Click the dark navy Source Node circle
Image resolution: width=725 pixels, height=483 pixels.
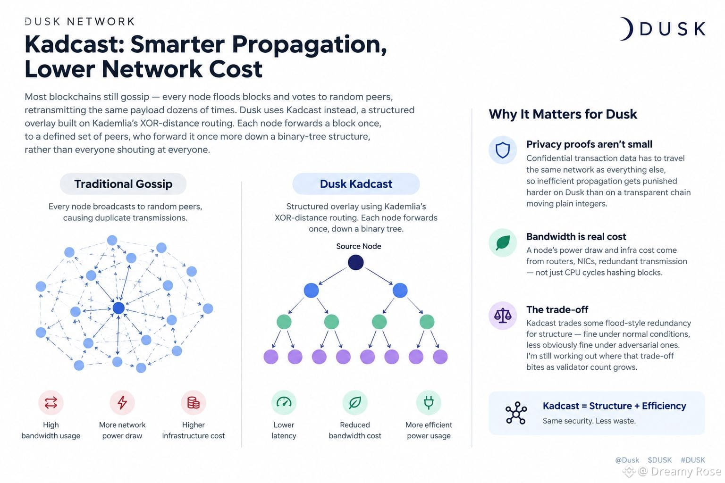tap(355, 262)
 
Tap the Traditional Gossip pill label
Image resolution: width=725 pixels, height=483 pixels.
tap(123, 184)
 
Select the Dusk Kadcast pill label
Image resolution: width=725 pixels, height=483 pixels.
tap(356, 184)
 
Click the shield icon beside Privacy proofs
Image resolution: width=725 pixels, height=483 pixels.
tap(502, 150)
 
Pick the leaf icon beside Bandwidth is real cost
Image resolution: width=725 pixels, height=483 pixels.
tap(502, 242)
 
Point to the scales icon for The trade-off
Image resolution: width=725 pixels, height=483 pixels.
tap(502, 316)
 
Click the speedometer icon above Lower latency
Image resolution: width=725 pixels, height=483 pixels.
tap(284, 402)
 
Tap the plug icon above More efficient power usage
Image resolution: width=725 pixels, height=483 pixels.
tap(429, 402)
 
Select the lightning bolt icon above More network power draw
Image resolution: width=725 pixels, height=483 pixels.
tap(122, 402)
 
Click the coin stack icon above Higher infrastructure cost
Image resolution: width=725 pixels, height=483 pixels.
tap(193, 402)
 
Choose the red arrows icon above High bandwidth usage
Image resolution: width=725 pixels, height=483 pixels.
tap(51, 402)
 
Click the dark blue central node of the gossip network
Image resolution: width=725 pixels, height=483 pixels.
tap(118, 308)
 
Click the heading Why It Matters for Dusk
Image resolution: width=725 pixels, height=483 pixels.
tap(563, 114)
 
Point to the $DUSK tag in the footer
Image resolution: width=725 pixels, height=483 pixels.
tap(659, 460)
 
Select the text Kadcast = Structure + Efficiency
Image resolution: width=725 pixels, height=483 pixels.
tap(614, 406)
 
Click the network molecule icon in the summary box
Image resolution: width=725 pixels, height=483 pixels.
tap(516, 413)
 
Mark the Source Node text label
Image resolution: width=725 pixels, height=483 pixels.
tap(358, 246)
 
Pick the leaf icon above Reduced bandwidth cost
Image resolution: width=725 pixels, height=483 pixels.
tap(355, 402)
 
